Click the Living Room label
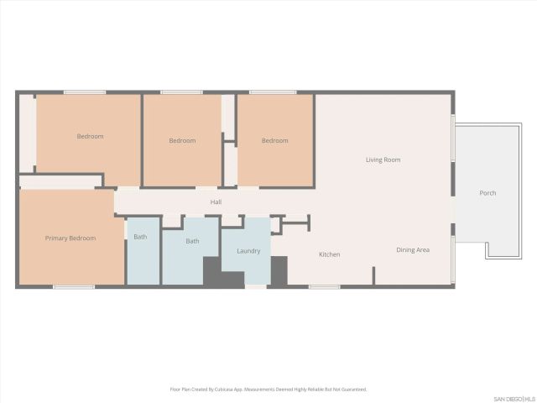click(383, 160)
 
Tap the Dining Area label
click(413, 249)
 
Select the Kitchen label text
click(329, 254)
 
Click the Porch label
click(487, 193)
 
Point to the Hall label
click(216, 201)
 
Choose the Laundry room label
click(248, 250)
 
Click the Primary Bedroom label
click(70, 238)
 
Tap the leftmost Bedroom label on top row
click(90, 136)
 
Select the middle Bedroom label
click(182, 140)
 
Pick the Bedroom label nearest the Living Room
click(274, 140)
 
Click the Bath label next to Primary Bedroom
click(140, 237)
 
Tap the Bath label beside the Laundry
click(192, 241)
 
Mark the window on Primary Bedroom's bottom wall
click(74, 287)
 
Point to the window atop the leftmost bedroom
click(85, 92)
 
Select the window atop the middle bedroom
click(181, 92)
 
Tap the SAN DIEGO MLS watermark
click(514, 398)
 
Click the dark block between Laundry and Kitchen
click(279, 270)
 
